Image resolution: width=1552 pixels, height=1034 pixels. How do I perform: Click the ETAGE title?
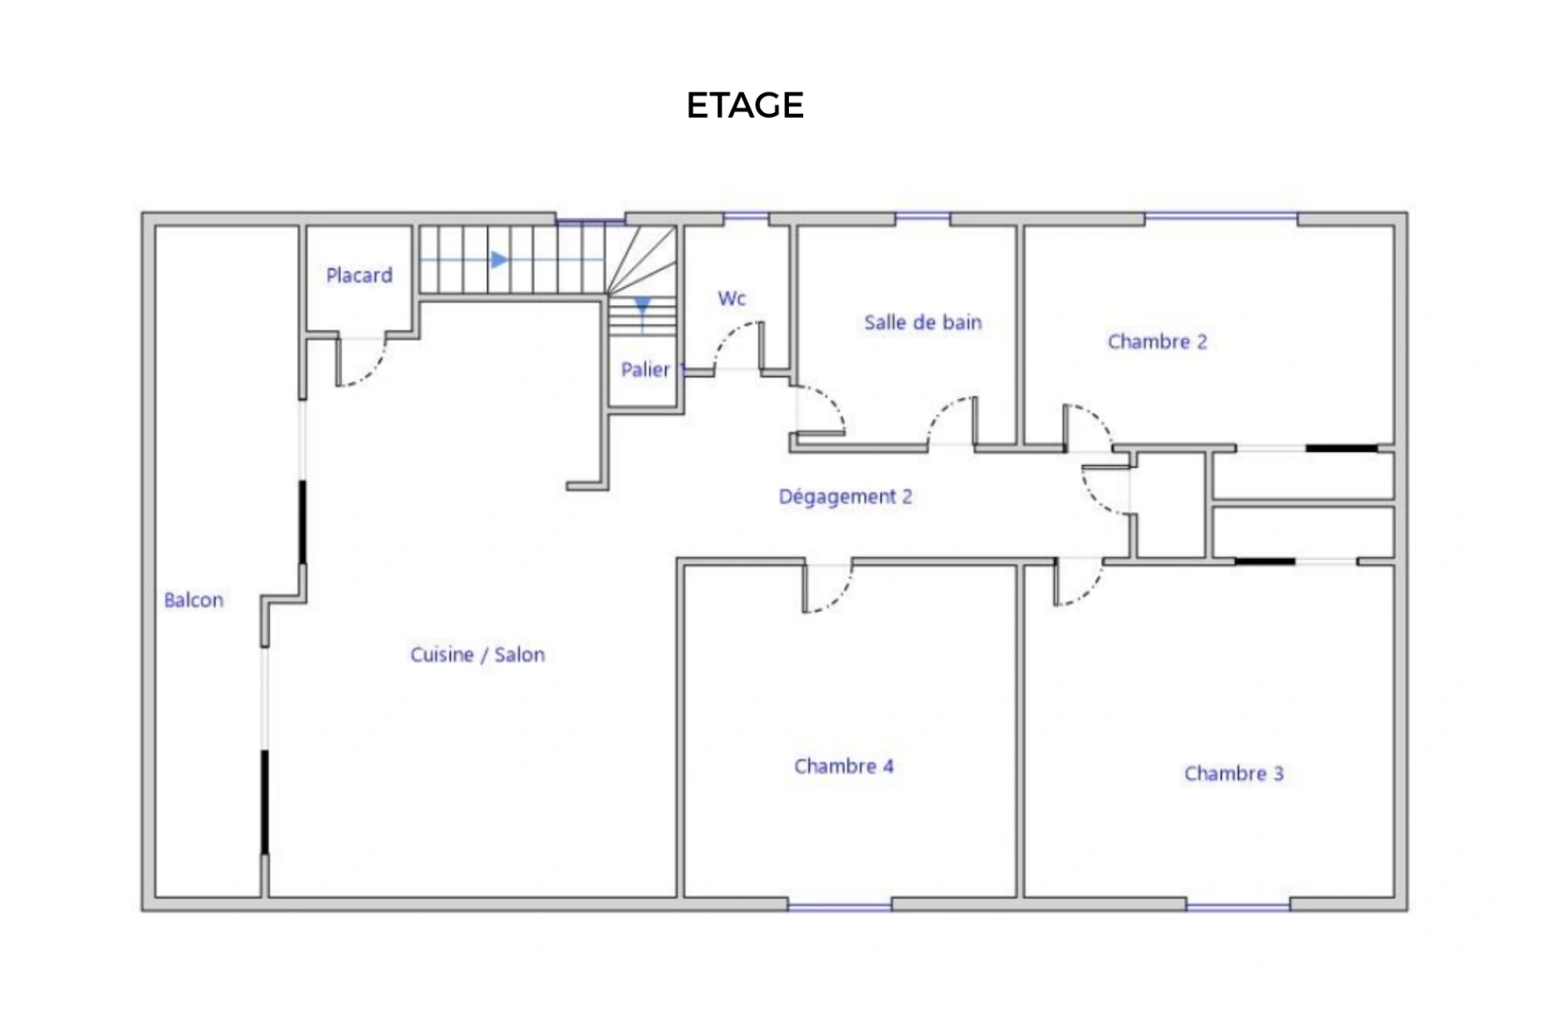coord(745,105)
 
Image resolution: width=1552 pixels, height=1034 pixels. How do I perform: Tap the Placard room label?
coord(359,276)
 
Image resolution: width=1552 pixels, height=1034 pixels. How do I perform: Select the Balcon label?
coord(193,600)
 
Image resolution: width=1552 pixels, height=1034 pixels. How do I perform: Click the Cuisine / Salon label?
coord(478,655)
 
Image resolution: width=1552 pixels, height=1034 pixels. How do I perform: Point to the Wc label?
coord(731,299)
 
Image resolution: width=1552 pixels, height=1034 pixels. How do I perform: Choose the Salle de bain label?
coord(923,323)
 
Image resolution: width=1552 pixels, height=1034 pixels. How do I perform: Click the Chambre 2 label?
coord(1157,342)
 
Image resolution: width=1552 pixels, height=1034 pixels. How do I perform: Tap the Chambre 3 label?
coord(1233,774)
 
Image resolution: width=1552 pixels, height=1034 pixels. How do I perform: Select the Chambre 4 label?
coord(843,766)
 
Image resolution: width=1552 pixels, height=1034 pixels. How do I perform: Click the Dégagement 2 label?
coord(845,497)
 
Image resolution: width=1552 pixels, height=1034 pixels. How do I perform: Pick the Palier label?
coord(645,370)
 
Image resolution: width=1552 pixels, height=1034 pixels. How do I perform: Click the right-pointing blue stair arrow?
coord(499,259)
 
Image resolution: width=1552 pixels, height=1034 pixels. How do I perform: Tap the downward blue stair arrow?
coord(642,305)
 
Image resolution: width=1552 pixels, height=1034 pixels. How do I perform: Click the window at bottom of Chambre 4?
coord(840,905)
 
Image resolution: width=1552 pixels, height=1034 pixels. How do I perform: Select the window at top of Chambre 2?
coord(1221,218)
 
